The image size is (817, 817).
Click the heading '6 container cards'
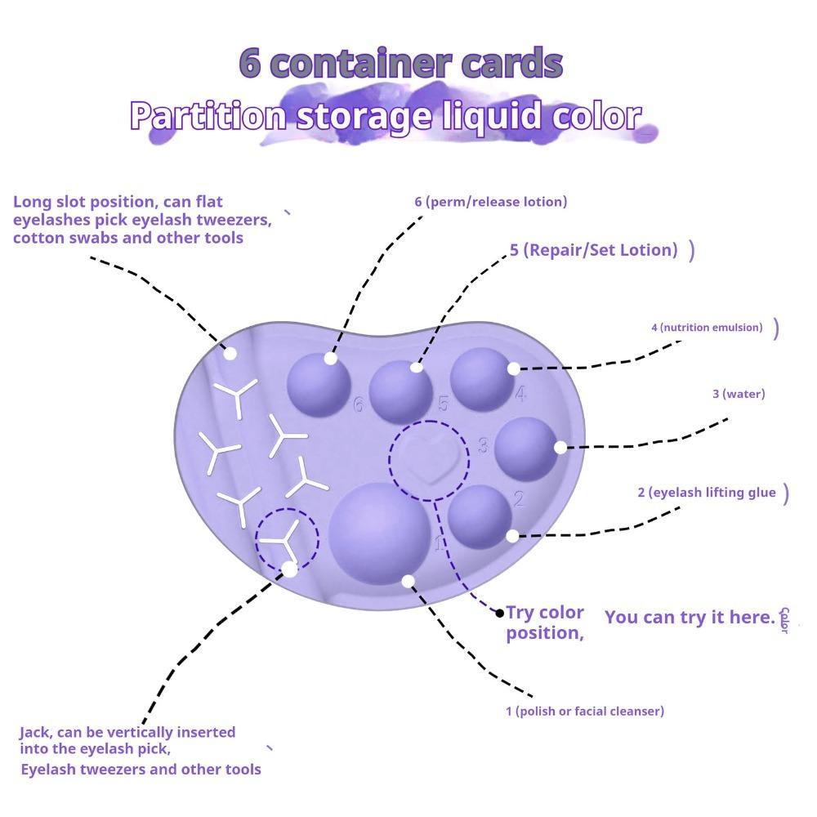pos(400,63)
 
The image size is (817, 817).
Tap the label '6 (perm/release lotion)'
pos(491,202)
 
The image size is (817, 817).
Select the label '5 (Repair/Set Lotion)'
pos(593,249)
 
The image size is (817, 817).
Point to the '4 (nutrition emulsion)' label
pos(707,328)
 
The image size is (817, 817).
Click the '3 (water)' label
pos(739,394)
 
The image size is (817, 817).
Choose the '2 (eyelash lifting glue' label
pos(707,493)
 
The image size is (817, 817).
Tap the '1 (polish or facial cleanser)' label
pos(585,711)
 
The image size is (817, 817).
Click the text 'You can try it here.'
pos(690,617)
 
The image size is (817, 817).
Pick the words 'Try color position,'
pos(545,622)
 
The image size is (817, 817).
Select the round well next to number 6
pos(319,386)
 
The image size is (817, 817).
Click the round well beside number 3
pos(526,449)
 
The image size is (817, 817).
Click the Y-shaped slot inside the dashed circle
pos(282,542)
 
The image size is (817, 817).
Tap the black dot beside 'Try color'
pos(500,614)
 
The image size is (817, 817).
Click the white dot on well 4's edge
pos(513,369)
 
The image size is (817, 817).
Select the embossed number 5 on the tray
pos(443,404)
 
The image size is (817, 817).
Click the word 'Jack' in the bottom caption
pos(35,733)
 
